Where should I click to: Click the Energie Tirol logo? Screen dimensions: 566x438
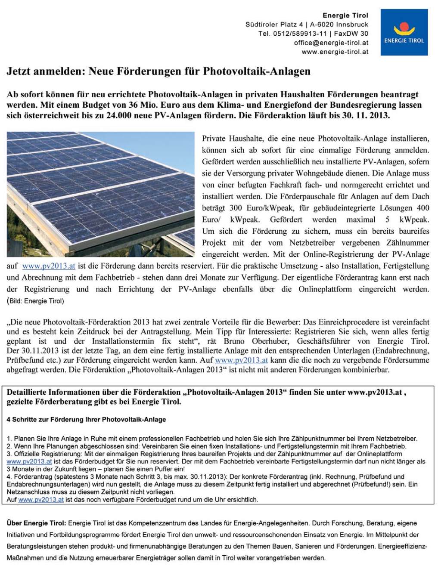404,33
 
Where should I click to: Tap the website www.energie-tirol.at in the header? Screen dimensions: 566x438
335,52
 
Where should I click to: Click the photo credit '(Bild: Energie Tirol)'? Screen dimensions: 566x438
35,301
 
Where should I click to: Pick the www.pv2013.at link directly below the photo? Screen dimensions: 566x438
48,266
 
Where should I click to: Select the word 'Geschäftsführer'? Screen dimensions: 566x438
326,341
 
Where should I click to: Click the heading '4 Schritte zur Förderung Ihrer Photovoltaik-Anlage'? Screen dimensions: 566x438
86,420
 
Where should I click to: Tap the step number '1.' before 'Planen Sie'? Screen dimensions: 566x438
9,439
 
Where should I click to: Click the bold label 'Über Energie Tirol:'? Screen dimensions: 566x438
37,523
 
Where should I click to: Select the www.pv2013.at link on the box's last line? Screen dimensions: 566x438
41,500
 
